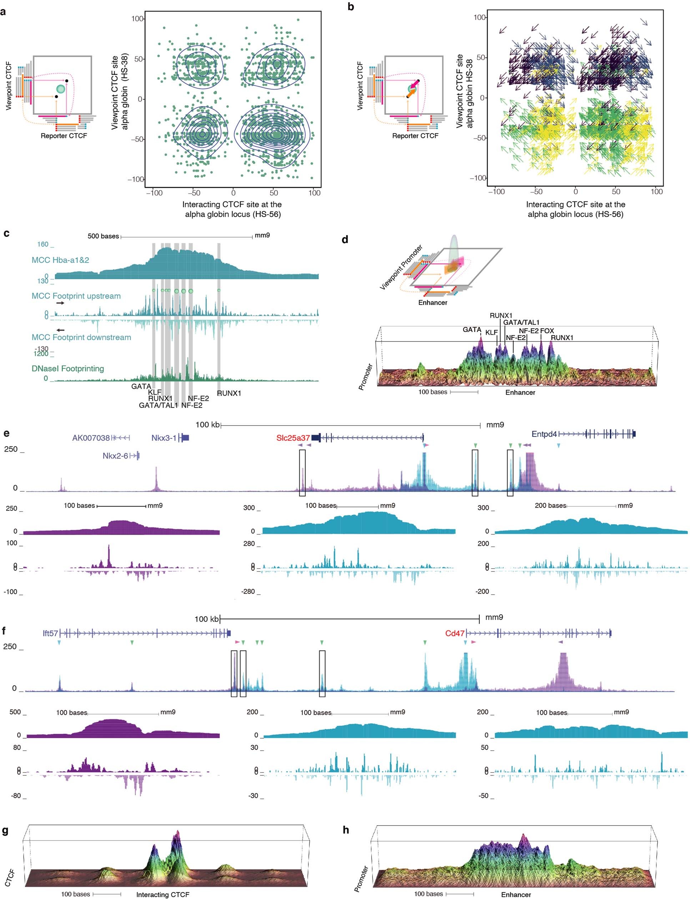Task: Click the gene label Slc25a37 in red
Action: [x=293, y=438]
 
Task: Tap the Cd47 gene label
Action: [x=454, y=633]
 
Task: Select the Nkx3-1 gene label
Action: [x=163, y=438]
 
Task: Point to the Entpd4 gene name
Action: [x=544, y=434]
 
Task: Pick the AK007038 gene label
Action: [x=91, y=438]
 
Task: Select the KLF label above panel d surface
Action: [x=491, y=333]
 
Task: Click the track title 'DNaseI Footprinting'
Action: [x=68, y=369]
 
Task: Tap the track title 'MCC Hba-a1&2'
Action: [x=60, y=260]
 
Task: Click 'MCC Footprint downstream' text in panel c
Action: [x=81, y=337]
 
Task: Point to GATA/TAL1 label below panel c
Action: [x=158, y=405]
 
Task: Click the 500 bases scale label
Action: [x=103, y=236]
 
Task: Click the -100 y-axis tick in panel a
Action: [x=135, y=179]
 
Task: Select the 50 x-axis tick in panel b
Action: [x=616, y=191]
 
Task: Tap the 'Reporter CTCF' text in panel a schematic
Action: [x=64, y=136]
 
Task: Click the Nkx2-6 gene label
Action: [x=115, y=456]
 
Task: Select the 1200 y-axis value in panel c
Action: [x=41, y=353]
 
